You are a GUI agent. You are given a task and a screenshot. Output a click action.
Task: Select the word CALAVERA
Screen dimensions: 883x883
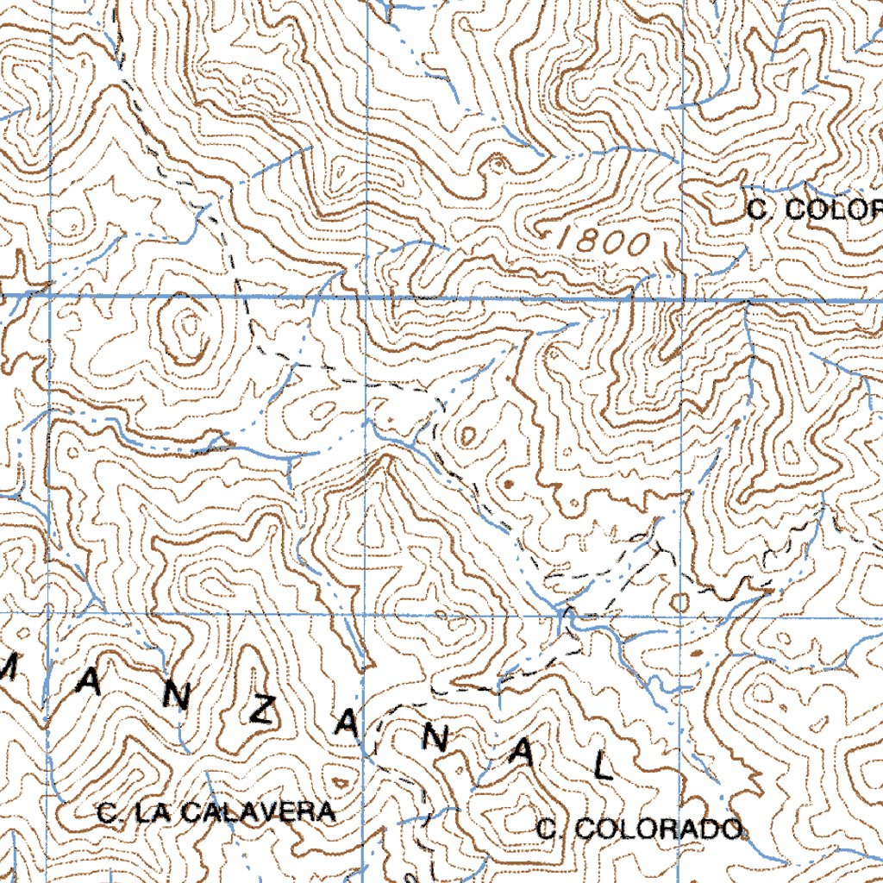[x=259, y=812]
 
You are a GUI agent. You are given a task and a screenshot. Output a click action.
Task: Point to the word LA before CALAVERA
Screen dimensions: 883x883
[x=159, y=812]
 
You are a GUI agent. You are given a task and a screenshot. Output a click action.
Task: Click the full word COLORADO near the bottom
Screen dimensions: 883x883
[x=657, y=830]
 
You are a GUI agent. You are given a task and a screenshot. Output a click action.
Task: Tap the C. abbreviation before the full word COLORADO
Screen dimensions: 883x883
[x=551, y=830]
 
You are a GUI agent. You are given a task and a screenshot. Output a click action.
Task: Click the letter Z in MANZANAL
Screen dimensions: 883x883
[x=265, y=712]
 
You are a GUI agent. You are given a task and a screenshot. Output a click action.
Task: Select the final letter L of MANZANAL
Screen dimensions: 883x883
[x=604, y=765]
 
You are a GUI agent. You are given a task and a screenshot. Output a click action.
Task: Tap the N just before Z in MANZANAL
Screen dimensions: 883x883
[x=176, y=698]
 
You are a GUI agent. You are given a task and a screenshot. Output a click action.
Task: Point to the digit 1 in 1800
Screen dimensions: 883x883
[x=566, y=241]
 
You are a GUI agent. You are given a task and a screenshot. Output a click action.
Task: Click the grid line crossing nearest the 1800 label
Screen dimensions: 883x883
[x=682, y=299]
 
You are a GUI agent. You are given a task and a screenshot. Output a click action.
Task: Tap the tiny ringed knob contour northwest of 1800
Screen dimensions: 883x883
[x=498, y=163]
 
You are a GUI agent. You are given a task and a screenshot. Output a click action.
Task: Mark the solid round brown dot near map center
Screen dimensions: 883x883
[x=507, y=485]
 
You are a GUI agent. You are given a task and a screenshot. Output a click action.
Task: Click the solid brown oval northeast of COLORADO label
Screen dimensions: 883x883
[x=697, y=654]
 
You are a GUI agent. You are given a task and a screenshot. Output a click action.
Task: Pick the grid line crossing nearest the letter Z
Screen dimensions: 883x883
[x=366, y=615]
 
